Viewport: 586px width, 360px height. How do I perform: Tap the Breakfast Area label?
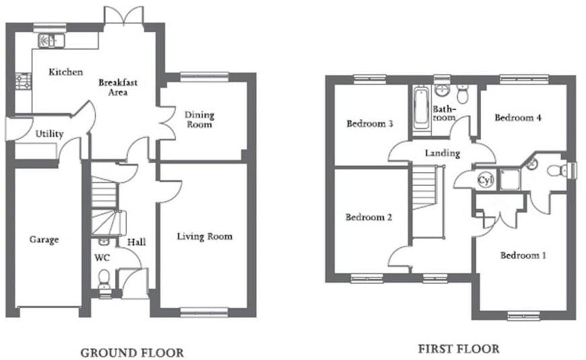[118, 87]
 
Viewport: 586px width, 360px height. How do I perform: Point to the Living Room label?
[204, 236]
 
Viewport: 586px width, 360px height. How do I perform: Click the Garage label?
[44, 240]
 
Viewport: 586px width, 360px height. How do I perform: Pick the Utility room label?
[49, 134]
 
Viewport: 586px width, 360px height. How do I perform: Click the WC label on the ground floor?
[101, 257]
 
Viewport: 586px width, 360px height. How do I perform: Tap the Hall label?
[136, 242]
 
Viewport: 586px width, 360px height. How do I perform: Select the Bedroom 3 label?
[369, 124]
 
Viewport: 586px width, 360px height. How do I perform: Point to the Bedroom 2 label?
[369, 218]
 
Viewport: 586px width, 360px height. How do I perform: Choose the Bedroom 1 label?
[523, 256]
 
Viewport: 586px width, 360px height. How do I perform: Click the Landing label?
[442, 153]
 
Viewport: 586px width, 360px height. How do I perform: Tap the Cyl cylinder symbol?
[485, 180]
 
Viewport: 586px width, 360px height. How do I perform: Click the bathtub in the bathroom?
[420, 107]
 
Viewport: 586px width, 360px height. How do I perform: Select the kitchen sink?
[49, 41]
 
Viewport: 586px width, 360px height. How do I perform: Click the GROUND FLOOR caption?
[132, 352]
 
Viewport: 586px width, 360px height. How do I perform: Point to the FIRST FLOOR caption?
[458, 349]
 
